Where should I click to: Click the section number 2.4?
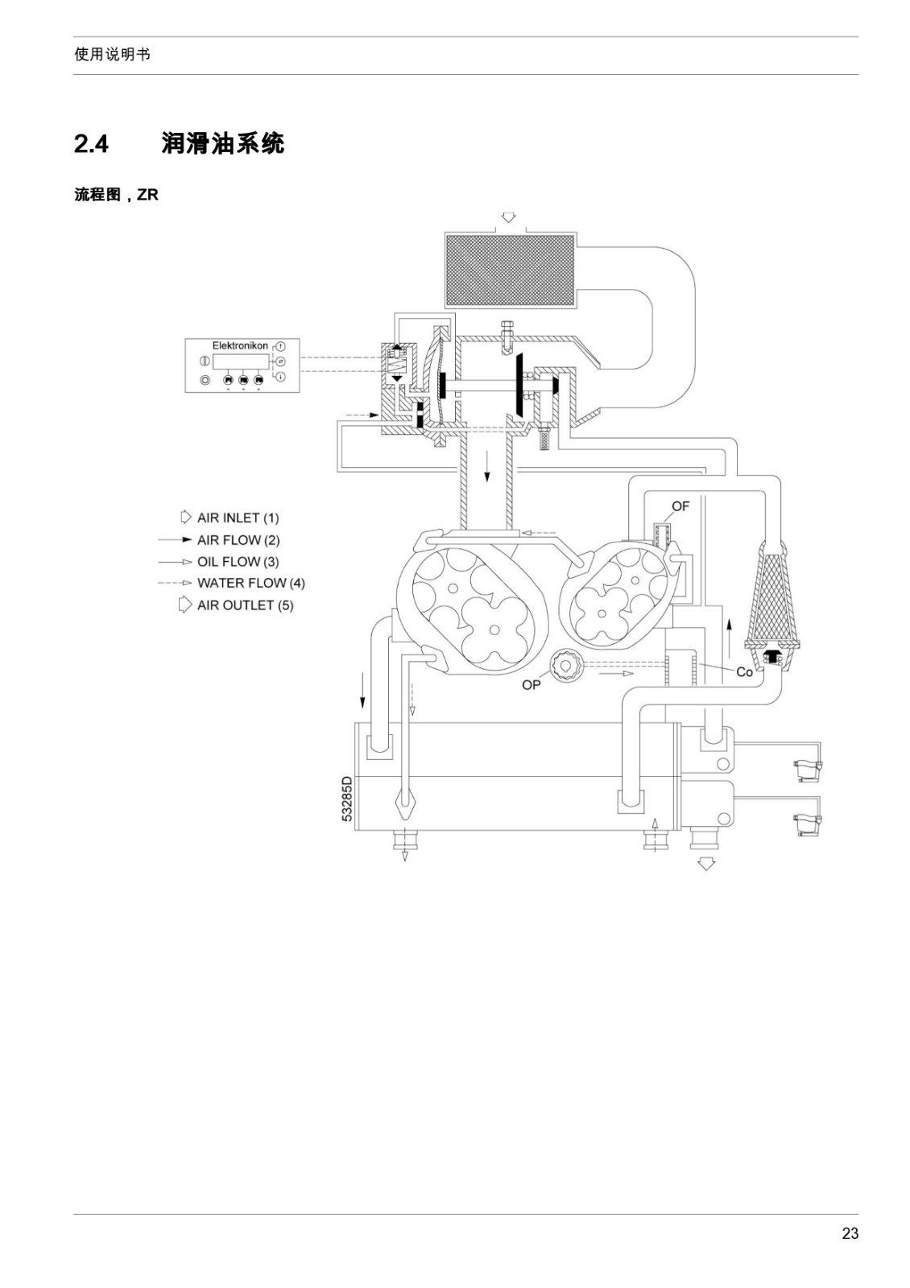[91, 144]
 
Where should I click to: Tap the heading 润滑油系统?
[222, 143]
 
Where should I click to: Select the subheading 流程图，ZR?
[116, 195]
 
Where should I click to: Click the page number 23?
[850, 1232]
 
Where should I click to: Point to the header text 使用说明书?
[112, 55]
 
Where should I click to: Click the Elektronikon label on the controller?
[240, 345]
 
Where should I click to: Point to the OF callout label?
[680, 506]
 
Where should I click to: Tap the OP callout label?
[531, 685]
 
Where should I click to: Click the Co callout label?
[744, 672]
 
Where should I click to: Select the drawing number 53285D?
[347, 799]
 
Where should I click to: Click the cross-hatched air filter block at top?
[510, 270]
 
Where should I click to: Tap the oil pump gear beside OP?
[567, 667]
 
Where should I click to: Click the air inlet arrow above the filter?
[508, 217]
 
